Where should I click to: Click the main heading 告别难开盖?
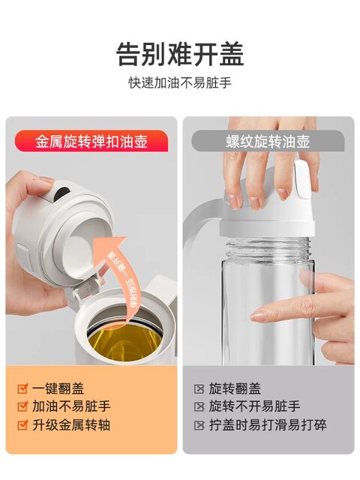pos(180,54)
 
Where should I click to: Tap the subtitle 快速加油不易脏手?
pos(180,82)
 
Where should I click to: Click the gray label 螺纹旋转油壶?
pos(268,140)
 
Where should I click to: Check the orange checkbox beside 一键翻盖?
pos(22,388)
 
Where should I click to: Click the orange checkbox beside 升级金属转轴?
pos(22,425)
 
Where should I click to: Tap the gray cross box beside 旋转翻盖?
pos(199,388)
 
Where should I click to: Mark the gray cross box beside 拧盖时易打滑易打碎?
pos(199,425)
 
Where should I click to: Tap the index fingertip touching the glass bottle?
pos(259,316)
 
